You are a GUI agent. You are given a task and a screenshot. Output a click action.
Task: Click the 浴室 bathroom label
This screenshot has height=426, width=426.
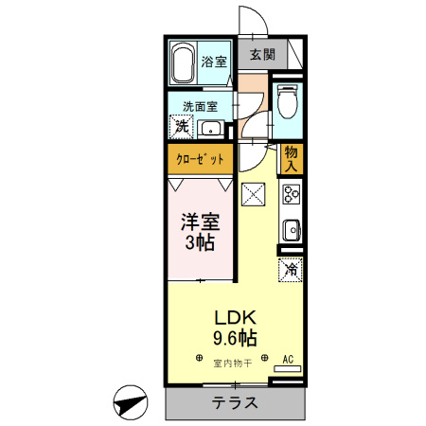click(x=214, y=62)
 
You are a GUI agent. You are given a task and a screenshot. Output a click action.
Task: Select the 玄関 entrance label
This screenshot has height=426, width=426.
click(x=262, y=55)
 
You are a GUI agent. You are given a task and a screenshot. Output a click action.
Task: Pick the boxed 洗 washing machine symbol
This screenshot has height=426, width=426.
click(x=181, y=126)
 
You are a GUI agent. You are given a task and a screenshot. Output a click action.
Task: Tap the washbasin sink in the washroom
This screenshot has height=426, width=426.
click(x=212, y=128)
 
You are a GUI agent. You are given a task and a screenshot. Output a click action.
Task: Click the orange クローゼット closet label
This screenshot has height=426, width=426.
click(x=201, y=159)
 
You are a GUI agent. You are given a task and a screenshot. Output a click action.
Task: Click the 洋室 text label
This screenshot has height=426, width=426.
click(x=200, y=223)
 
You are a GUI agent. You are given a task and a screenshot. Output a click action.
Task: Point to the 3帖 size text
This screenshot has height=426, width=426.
click(x=200, y=243)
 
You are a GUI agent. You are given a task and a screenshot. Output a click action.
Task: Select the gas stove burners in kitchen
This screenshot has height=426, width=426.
click(x=291, y=196)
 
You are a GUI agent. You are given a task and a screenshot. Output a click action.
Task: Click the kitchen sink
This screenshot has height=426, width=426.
click(x=291, y=230)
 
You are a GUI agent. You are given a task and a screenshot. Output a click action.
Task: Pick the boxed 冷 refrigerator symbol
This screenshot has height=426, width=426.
click(x=290, y=269)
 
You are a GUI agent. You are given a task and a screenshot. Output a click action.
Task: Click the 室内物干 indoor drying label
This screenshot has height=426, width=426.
click(x=231, y=363)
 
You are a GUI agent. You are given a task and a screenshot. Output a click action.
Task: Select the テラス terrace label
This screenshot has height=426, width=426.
click(x=236, y=401)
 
